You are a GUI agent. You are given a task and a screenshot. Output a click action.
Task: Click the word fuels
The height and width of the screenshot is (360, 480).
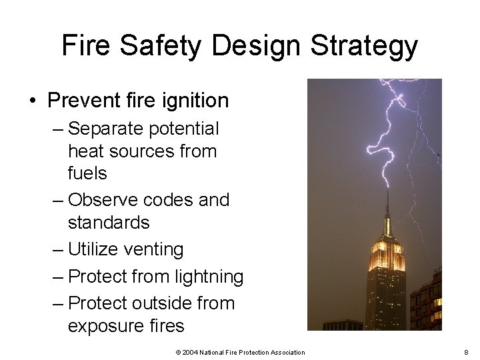tap(87, 173)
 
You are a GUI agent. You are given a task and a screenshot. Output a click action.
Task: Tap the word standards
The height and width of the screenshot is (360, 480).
tap(109, 222)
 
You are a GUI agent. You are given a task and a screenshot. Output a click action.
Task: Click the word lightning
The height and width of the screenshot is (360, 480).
tap(211, 277)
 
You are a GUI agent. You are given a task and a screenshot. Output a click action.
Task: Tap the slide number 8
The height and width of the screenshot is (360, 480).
tap(466, 352)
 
